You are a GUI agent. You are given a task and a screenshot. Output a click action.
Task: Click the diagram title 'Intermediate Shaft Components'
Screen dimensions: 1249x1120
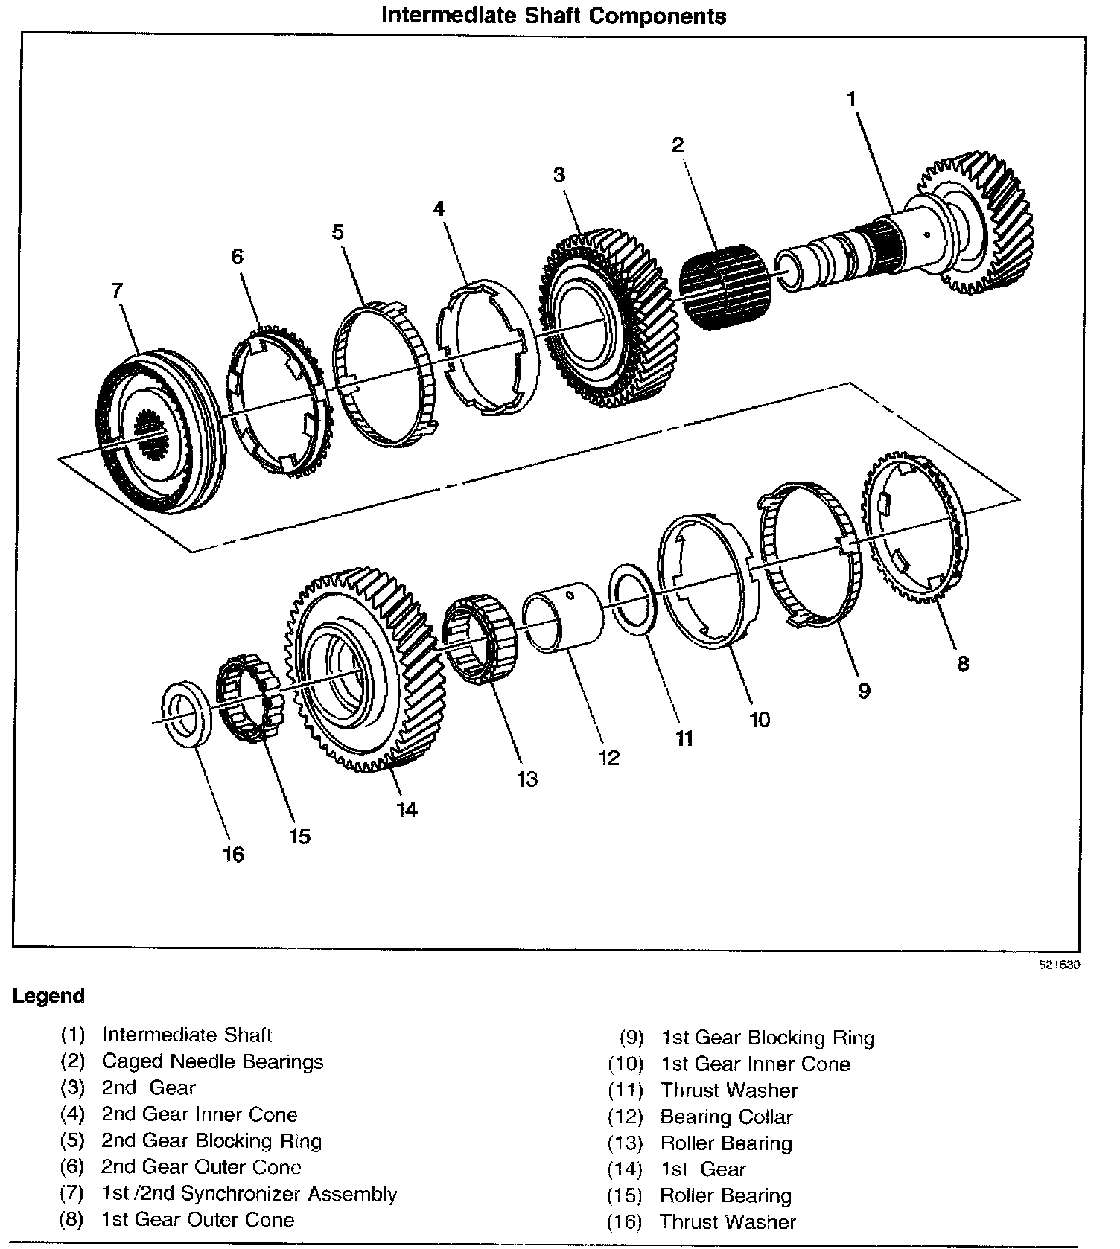[x=553, y=16]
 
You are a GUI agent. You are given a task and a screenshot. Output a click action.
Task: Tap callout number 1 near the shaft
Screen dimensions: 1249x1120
[x=851, y=98]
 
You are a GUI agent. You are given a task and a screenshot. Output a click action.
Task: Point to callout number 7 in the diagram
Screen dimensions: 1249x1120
[x=118, y=290]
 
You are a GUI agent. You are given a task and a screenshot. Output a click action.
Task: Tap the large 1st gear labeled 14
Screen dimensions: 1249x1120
[x=357, y=670]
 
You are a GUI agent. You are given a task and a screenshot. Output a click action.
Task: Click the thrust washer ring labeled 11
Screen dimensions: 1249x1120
[x=632, y=599]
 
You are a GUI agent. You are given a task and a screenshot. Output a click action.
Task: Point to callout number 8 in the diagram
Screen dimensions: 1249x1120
[x=962, y=663]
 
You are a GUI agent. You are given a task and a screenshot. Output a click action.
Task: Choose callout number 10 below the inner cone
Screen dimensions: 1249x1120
[x=760, y=719]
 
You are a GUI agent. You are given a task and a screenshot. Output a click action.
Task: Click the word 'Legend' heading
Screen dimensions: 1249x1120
[x=49, y=996]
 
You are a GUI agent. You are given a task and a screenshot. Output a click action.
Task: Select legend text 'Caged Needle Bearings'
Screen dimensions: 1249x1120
[x=212, y=1061]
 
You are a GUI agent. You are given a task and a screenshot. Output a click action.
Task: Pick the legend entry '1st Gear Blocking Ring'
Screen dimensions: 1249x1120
[x=767, y=1038]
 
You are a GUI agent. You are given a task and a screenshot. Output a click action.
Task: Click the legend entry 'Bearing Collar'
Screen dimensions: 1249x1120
[x=726, y=1117]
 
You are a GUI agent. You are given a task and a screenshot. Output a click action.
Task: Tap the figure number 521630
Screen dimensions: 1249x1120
[x=1059, y=965]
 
